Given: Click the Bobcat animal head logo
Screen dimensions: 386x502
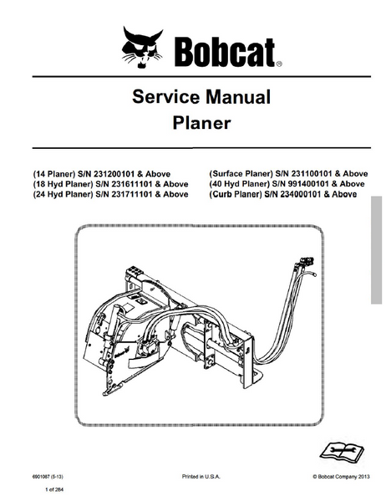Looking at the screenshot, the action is [142, 47].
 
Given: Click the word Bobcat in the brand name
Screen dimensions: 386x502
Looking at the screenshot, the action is [225, 52].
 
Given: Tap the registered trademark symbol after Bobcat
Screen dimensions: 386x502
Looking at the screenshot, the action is [278, 64].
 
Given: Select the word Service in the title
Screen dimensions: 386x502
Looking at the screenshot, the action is [166, 97].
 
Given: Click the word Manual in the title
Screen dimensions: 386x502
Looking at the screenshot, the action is [238, 97].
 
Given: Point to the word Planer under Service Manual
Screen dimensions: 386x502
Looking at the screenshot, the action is [201, 123].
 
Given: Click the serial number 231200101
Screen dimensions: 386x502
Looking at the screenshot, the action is [113, 174].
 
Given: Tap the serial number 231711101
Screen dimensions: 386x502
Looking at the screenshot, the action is [131, 194].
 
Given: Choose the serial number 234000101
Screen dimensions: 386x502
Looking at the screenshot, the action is [300, 194].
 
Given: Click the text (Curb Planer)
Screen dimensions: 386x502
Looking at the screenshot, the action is [236, 194].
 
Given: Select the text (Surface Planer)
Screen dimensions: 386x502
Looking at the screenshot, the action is [241, 174].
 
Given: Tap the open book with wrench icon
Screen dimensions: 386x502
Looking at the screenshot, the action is [342, 450].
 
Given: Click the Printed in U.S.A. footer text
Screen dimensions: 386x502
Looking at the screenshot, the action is [201, 477].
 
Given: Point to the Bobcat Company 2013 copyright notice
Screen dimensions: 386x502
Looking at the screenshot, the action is [341, 477].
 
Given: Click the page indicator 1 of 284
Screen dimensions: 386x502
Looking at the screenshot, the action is [54, 489].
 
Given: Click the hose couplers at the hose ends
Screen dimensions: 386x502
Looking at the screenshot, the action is [305, 262].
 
